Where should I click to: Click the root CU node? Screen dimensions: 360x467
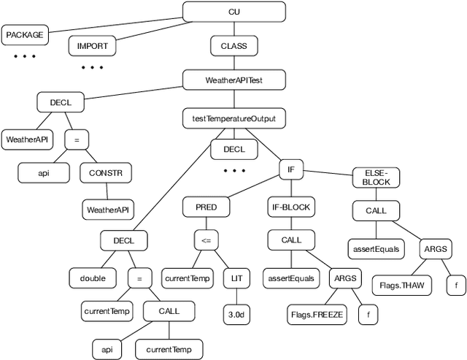click(233, 12)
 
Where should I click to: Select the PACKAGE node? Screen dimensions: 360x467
click(26, 34)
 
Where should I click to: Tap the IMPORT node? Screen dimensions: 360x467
click(92, 46)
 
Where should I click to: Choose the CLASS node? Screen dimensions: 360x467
click(233, 46)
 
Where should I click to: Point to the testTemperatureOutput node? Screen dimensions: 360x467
click(233, 117)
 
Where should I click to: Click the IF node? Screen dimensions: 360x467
click(290, 169)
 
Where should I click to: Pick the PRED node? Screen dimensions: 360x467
click(205, 207)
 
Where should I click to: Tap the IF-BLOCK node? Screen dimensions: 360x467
click(290, 207)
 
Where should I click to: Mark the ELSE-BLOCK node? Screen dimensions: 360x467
click(376, 177)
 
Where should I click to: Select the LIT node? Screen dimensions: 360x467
click(237, 277)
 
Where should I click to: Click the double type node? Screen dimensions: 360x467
click(93, 277)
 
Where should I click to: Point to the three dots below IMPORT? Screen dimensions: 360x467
click(92, 67)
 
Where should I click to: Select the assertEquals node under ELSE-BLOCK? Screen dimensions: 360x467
click(376, 249)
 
